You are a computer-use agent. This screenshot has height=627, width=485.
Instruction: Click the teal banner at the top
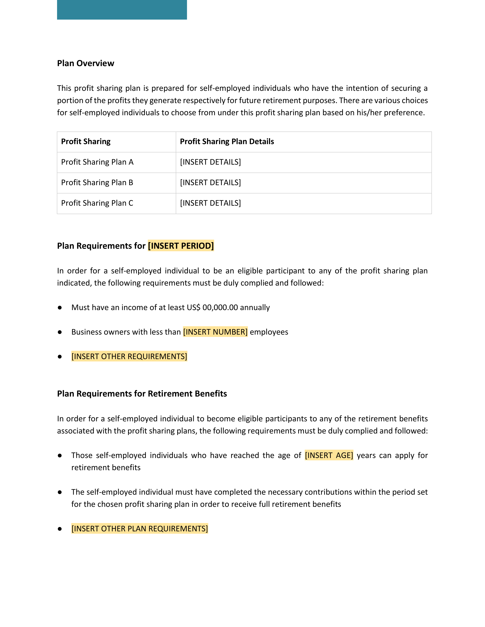point(122,9)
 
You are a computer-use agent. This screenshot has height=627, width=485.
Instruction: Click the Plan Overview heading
point(86,63)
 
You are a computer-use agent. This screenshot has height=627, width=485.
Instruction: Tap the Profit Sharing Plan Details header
point(227,142)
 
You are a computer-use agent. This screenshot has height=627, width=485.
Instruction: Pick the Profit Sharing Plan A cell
point(97,162)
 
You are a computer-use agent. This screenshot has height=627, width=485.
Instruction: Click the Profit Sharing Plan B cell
point(97,183)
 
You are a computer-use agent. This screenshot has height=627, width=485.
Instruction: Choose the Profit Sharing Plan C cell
point(97,203)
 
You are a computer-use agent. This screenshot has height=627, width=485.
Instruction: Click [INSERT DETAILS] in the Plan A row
point(210,162)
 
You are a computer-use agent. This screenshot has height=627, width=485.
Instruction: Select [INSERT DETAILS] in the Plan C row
point(210,203)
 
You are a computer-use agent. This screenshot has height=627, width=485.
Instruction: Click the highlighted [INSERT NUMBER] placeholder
point(215,332)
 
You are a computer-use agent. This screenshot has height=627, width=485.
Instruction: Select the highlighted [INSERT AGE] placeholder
point(329,455)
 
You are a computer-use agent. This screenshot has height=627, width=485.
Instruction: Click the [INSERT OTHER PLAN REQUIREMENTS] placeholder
point(140,529)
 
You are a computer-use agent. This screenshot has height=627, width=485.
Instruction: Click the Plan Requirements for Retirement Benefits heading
point(142,394)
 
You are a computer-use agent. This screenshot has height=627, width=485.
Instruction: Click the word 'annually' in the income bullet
point(255,307)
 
